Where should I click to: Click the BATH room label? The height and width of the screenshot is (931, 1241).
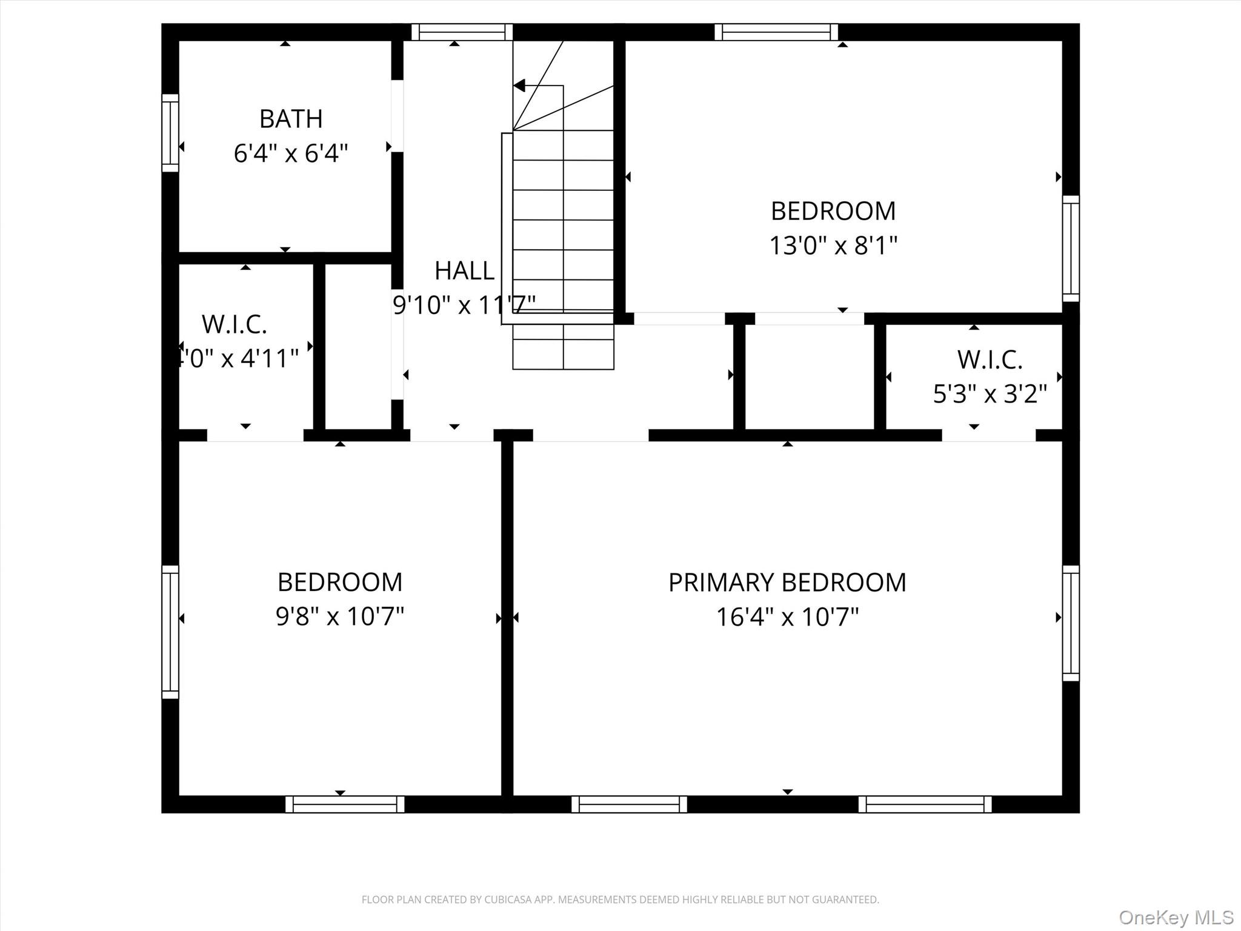(x=291, y=119)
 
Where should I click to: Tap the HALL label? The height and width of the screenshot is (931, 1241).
(x=464, y=271)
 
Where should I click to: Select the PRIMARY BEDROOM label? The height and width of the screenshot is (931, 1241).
(x=787, y=582)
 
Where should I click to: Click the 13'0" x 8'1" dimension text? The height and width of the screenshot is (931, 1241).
(x=833, y=246)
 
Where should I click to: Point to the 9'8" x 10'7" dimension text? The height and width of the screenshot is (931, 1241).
(x=340, y=617)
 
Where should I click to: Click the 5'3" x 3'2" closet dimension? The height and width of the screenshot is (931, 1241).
(x=990, y=395)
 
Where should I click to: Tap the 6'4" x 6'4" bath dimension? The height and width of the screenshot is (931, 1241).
(x=291, y=153)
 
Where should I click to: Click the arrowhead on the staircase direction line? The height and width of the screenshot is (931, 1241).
(x=519, y=85)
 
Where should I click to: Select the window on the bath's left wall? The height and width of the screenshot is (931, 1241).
(x=170, y=133)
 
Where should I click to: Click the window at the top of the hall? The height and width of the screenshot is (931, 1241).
(x=462, y=32)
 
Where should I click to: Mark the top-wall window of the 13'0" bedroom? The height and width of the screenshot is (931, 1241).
(x=776, y=32)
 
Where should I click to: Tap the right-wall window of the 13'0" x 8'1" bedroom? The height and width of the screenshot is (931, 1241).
(x=1071, y=249)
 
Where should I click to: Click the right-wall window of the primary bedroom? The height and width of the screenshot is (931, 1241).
(x=1071, y=623)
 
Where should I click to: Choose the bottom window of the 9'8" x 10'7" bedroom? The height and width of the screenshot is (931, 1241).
(x=345, y=804)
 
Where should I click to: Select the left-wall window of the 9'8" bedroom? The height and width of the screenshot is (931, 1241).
(x=170, y=632)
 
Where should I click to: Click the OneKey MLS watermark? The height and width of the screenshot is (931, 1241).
(x=1176, y=917)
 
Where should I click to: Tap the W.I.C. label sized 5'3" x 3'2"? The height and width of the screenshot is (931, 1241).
(x=990, y=360)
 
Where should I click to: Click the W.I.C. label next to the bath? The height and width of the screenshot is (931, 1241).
(x=235, y=324)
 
